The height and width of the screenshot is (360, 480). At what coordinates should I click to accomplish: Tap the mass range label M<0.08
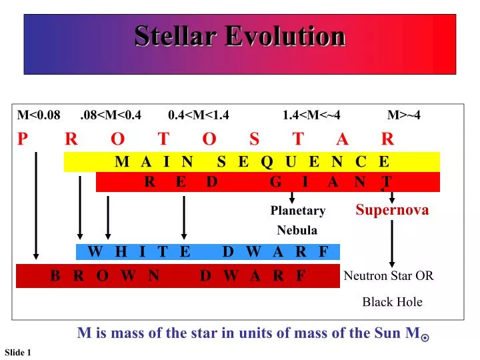(x=39, y=115)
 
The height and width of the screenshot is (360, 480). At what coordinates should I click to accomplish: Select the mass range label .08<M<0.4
(x=110, y=115)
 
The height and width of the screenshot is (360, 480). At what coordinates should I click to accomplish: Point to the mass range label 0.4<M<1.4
(x=199, y=115)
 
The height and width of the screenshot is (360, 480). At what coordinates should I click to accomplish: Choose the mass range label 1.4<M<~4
(x=311, y=115)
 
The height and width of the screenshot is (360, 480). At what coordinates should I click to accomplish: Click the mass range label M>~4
(x=404, y=115)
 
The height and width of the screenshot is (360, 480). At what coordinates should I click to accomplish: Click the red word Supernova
(x=392, y=210)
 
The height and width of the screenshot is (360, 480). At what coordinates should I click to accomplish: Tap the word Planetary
(x=297, y=211)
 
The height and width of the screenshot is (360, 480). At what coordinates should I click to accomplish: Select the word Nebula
(x=297, y=231)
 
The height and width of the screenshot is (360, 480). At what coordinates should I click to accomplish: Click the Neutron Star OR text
(x=389, y=276)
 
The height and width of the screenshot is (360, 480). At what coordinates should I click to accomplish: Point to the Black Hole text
(x=392, y=302)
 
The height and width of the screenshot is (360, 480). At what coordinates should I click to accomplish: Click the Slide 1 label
(x=18, y=352)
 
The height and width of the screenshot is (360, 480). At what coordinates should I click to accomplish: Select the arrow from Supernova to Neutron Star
(x=392, y=243)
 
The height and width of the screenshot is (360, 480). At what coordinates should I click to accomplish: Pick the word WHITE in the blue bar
(x=139, y=252)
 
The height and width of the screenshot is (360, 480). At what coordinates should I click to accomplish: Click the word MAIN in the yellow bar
(x=154, y=162)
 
